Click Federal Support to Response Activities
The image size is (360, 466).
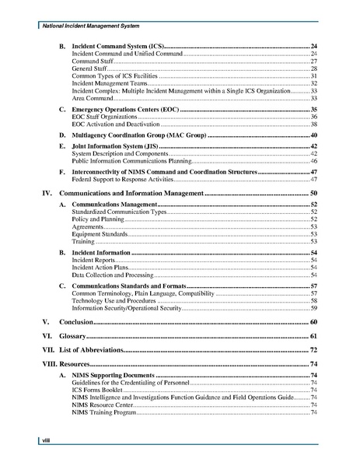tap(117, 179)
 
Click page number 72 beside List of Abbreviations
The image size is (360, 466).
tap(313, 350)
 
